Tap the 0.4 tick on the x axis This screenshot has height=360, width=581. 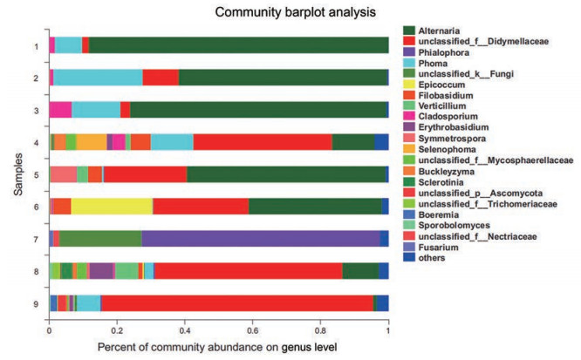pos(184,331)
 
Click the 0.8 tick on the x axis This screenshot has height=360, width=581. pos(320,331)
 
